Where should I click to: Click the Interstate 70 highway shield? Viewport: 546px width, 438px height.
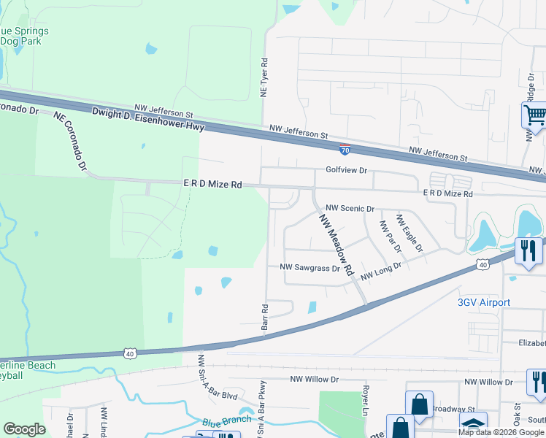tap(345, 150)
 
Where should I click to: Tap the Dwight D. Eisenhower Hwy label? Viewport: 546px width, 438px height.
tap(148, 120)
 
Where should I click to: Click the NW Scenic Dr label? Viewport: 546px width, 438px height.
tap(350, 208)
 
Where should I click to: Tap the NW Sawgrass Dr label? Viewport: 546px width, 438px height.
tap(310, 268)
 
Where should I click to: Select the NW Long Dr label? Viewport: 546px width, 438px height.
tap(381, 272)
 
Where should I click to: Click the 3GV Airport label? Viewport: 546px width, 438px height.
tap(483, 302)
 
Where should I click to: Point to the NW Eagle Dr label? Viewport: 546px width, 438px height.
tap(409, 232)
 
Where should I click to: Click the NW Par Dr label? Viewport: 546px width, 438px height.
tap(391, 236)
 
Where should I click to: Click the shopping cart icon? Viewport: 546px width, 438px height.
tap(534, 115)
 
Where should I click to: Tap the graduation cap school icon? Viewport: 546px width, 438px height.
tap(473, 424)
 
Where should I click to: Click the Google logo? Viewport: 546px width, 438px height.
tap(24, 429)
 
